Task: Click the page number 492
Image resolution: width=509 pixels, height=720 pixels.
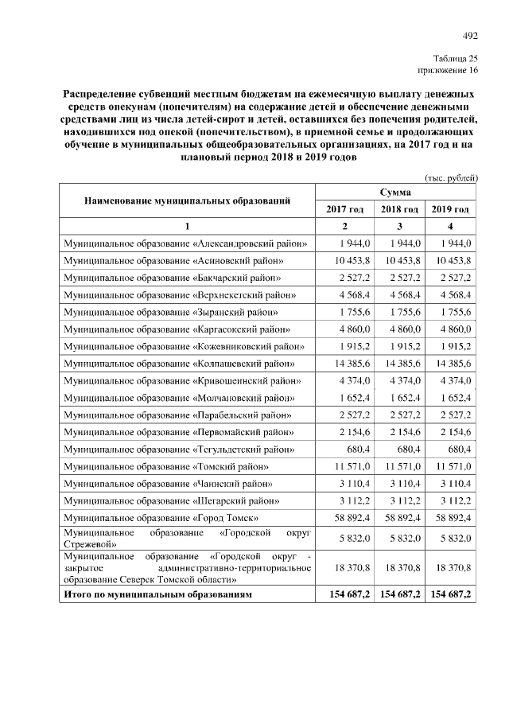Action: pyautogui.click(x=470, y=35)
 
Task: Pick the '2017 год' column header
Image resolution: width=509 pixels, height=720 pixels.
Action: pyautogui.click(x=344, y=209)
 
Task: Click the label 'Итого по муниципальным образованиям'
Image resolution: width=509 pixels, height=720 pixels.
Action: pyautogui.click(x=158, y=594)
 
